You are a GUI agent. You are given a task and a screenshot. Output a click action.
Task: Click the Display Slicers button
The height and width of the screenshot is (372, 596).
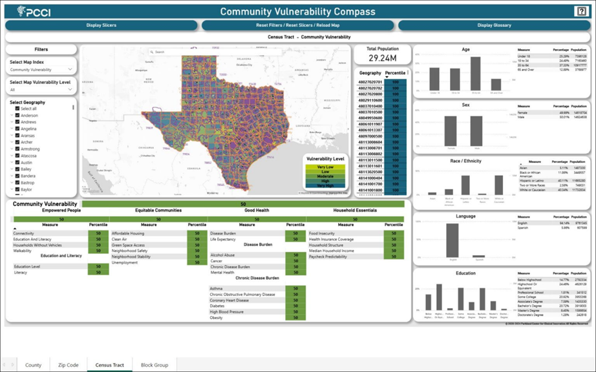coord(101,25)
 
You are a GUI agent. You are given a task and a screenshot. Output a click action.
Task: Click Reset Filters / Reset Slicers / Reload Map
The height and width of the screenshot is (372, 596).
coord(297,25)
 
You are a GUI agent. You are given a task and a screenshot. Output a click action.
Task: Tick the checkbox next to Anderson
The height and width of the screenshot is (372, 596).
coord(17,116)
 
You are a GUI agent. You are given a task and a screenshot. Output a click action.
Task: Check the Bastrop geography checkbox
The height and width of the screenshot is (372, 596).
coord(17,183)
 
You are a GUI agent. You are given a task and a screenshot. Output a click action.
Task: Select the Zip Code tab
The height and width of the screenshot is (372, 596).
coord(68,365)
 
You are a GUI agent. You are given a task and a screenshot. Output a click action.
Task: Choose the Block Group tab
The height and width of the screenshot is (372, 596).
coord(154,365)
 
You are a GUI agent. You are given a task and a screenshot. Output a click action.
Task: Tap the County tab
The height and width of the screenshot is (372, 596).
coord(33,365)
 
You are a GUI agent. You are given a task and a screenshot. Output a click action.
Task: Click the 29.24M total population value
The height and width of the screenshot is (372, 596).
coord(382,58)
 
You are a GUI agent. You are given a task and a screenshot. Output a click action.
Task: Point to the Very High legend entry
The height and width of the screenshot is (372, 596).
coord(325,185)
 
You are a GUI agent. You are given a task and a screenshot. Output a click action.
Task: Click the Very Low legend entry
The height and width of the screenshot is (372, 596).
coord(325,167)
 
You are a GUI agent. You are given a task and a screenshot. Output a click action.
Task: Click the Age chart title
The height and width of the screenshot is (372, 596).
coord(465,49)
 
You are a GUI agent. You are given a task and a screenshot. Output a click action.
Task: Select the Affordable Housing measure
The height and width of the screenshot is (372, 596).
coord(128,233)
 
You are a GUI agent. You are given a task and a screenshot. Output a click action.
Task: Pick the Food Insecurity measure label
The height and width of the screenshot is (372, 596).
coord(323,233)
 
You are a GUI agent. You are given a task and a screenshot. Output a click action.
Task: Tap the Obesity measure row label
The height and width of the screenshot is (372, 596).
coord(217,318)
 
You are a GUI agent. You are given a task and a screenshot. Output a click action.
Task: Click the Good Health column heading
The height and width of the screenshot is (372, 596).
coord(257,210)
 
